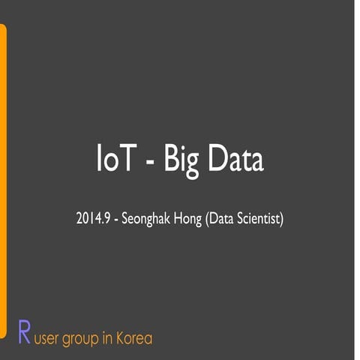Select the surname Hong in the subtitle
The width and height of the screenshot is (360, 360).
(187, 220)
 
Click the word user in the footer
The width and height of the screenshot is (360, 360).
(49, 339)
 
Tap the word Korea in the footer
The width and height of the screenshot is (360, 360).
(133, 338)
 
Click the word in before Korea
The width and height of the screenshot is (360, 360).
(108, 338)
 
